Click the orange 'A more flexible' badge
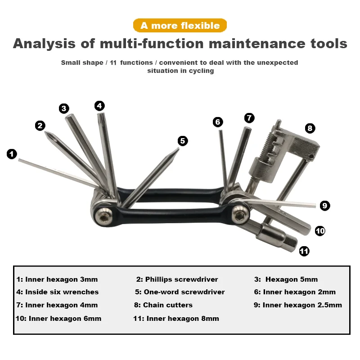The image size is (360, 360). [x=180, y=25]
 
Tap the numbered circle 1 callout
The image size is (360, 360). [x=12, y=154]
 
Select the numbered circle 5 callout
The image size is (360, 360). [x=183, y=141]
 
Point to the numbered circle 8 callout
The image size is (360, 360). [x=310, y=128]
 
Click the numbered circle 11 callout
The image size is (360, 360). [x=304, y=251]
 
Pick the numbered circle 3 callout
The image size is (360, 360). [x=64, y=108]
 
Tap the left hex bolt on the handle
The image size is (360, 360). [x=104, y=216]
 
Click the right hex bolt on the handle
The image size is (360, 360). [x=241, y=215]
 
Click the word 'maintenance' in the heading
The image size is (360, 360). [x=257, y=43]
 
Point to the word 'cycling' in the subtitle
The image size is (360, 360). [x=201, y=71]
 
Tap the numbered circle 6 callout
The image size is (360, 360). [x=218, y=122]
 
